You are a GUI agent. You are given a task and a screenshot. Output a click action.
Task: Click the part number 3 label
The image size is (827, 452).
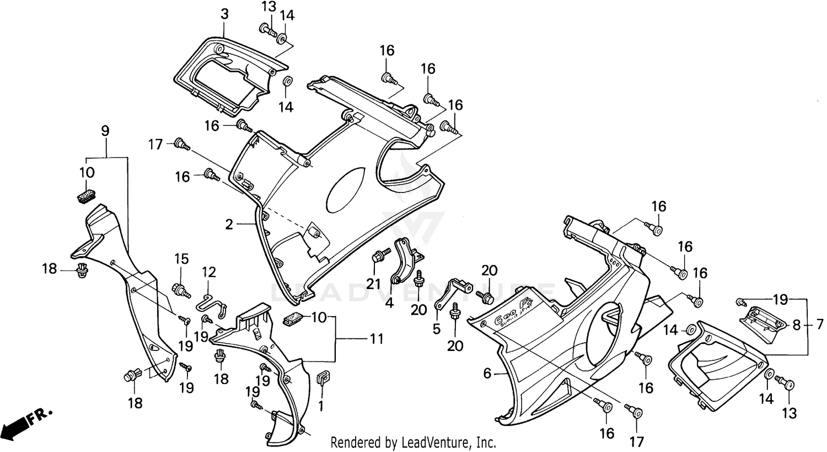224,14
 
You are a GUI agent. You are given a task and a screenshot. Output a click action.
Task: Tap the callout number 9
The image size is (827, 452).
105,131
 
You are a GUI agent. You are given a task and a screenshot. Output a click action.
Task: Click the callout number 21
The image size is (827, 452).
375,283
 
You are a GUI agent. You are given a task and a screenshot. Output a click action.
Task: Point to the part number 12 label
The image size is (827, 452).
208,272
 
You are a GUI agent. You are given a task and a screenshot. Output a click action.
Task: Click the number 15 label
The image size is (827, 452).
181,259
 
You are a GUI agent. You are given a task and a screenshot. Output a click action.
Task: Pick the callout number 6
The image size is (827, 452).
487,374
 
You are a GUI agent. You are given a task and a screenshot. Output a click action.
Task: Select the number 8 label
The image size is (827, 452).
796,326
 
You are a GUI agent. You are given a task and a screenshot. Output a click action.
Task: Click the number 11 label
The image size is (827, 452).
376,338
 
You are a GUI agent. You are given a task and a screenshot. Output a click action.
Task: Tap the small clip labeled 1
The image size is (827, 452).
322,378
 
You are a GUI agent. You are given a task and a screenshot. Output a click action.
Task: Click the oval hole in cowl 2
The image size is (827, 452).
345,188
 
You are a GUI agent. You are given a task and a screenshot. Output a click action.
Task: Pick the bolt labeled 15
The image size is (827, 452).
180,289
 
